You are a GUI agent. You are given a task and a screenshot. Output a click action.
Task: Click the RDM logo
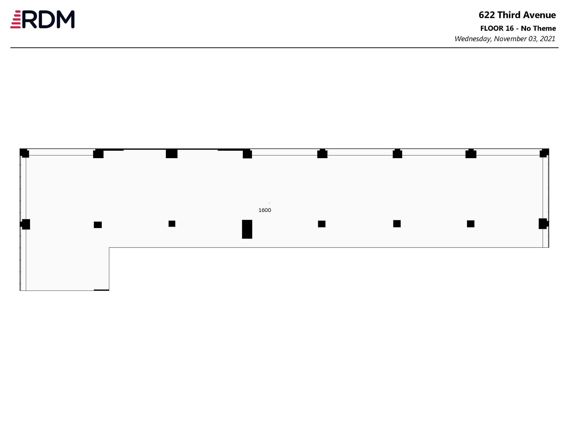coord(43,19)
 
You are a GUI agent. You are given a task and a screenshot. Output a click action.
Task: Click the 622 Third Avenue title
coord(517,15)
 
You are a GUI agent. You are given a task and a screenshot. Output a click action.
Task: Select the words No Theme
coord(538,28)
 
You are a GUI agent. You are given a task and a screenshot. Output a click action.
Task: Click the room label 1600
coord(265,210)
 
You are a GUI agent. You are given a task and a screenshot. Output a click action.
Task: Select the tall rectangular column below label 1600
coord(247,229)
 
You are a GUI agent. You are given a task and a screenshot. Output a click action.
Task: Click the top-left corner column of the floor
coord(24,153)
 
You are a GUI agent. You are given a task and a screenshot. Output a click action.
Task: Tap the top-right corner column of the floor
coord(544,153)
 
